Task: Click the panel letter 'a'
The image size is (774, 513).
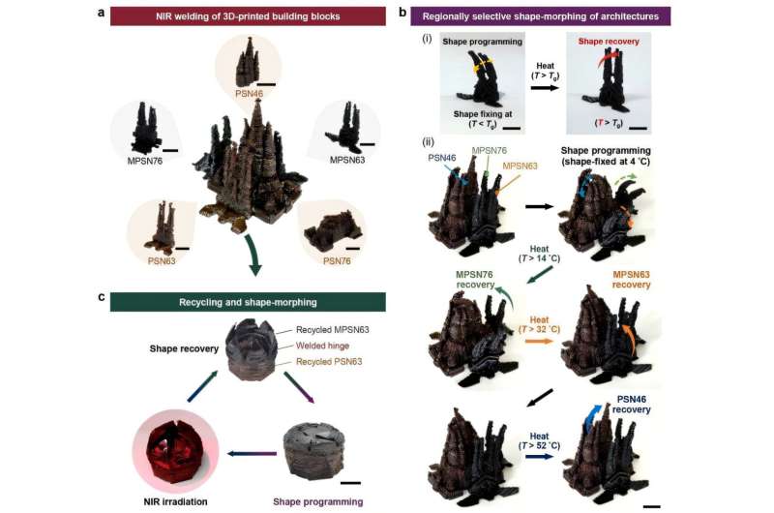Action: [102, 14]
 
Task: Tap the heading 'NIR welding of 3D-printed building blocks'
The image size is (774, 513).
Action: [248, 16]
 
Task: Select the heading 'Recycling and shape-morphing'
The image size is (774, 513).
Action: [248, 302]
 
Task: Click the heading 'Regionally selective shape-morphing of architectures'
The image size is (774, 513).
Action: [541, 16]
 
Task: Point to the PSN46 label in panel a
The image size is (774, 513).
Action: [250, 93]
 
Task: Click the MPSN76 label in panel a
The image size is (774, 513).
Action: [144, 161]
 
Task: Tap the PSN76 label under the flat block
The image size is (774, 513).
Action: [337, 260]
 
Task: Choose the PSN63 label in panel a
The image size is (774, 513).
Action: [162, 260]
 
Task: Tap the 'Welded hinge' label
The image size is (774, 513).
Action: [322, 346]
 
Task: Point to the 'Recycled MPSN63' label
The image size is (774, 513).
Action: [332, 330]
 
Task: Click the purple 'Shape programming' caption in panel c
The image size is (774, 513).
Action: [318, 501]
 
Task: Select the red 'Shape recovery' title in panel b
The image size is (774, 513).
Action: [609, 42]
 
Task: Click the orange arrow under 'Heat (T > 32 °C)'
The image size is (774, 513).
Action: [540, 341]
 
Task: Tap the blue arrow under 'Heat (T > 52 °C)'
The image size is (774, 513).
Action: [539, 457]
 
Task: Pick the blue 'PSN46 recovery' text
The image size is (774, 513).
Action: [632, 405]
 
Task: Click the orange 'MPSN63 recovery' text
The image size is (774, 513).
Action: [632, 280]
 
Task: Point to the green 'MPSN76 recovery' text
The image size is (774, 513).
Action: [474, 280]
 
